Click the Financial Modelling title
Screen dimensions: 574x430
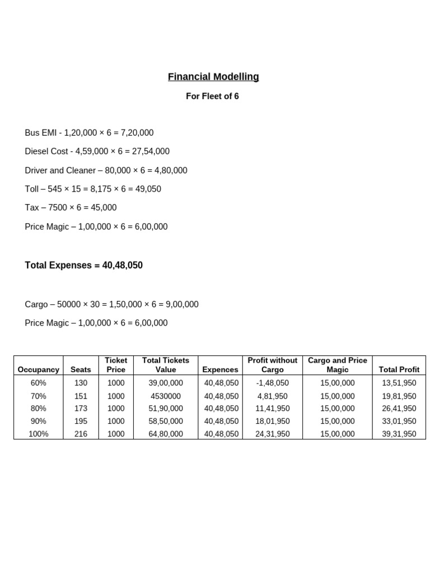pyautogui.click(x=213, y=77)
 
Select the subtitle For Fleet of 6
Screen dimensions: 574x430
pyautogui.click(x=212, y=96)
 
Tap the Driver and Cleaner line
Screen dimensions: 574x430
pyautogui.click(x=106, y=170)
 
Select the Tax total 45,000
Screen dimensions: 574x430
pyautogui.click(x=104, y=207)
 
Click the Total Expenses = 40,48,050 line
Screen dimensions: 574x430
pyautogui.click(x=83, y=265)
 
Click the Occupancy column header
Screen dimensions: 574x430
pyautogui.click(x=38, y=369)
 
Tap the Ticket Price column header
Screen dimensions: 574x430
pyautogui.click(x=116, y=365)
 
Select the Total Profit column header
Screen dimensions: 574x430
pyautogui.click(x=399, y=369)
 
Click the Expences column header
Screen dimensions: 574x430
pyautogui.click(x=220, y=369)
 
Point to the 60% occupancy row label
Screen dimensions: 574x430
pyautogui.click(x=39, y=383)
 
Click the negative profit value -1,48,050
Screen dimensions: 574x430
pyautogui.click(x=273, y=383)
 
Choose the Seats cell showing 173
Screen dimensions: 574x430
pyautogui.click(x=81, y=409)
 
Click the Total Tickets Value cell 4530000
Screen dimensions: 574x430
pyautogui.click(x=166, y=396)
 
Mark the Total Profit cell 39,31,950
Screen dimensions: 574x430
pyautogui.click(x=399, y=434)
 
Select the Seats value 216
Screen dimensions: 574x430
pyautogui.click(x=81, y=434)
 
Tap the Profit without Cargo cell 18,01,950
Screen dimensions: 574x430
pyautogui.click(x=273, y=421)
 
